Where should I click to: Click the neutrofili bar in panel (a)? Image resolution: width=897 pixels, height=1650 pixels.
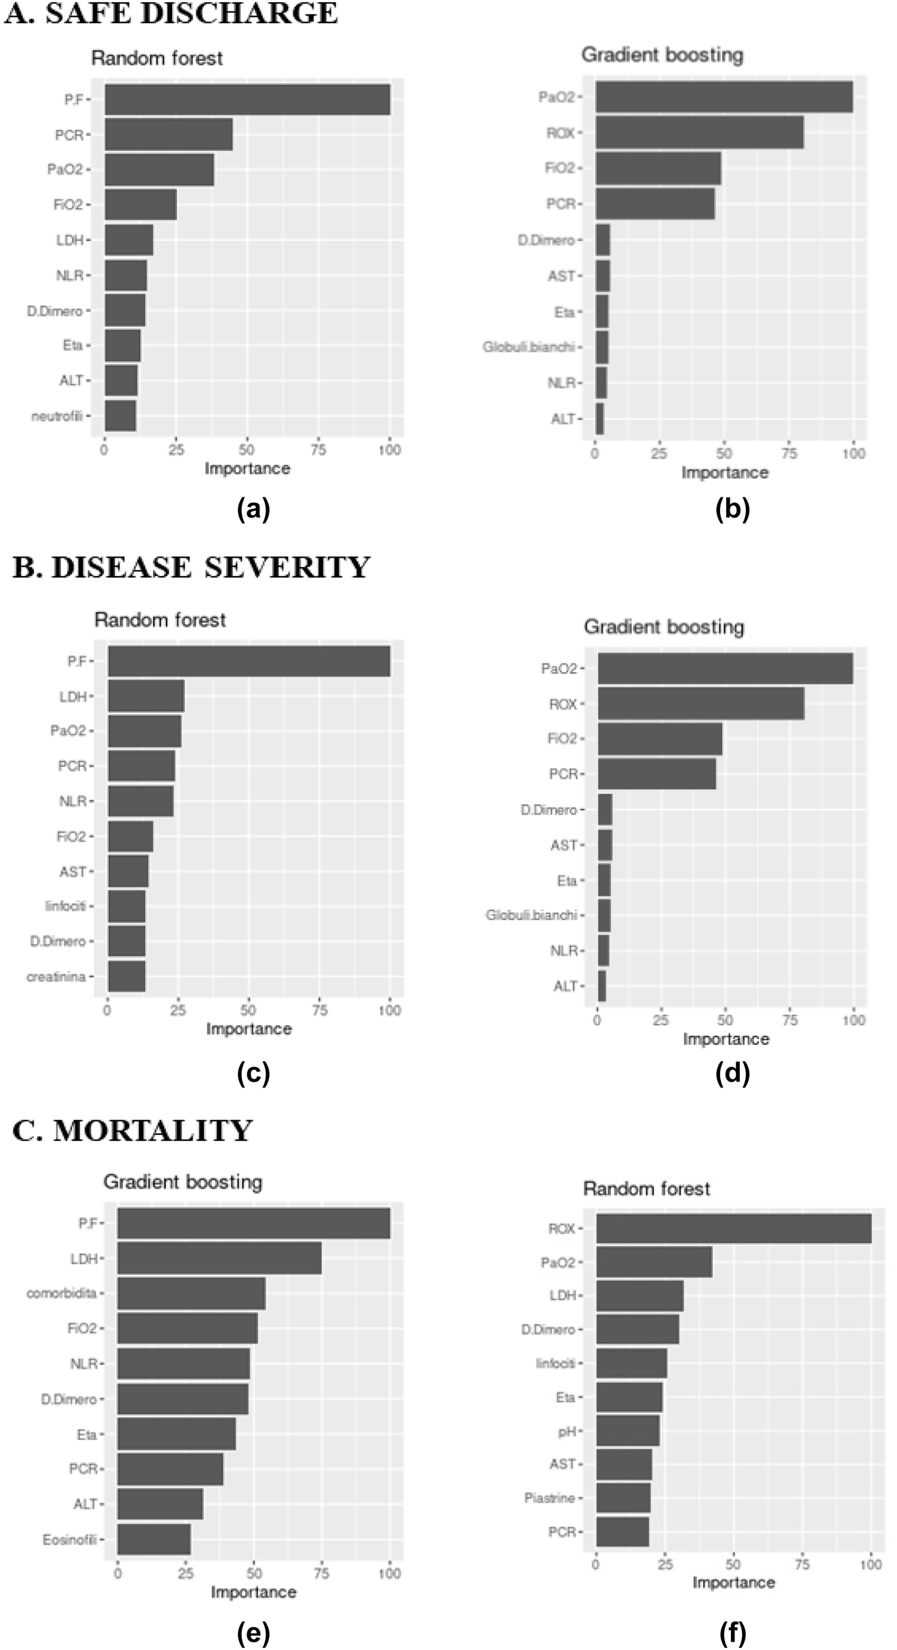(x=121, y=416)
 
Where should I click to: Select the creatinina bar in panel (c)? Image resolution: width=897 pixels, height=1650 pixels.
(x=127, y=976)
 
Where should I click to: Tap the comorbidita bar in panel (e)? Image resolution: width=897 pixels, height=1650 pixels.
(x=191, y=1294)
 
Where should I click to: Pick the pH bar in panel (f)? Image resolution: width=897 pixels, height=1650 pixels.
(x=627, y=1430)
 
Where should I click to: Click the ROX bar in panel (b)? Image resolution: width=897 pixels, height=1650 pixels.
(x=699, y=133)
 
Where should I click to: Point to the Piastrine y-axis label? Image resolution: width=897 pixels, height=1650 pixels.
(x=549, y=1498)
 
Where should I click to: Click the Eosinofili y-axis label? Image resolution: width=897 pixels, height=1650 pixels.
(x=69, y=1540)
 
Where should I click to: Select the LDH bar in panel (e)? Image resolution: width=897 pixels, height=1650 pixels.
(x=219, y=1258)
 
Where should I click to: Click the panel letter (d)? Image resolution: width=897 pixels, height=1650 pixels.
(x=732, y=1073)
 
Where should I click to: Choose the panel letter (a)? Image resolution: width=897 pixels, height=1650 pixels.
(x=253, y=508)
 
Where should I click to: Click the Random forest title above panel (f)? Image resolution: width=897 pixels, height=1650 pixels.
(x=646, y=1189)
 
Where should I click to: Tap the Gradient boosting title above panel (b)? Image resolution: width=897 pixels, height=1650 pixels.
(x=662, y=55)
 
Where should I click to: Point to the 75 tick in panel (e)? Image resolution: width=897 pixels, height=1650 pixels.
(x=321, y=1573)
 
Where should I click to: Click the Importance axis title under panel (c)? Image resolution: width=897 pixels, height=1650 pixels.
(x=249, y=1029)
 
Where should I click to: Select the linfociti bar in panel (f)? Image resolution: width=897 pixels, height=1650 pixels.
(x=631, y=1363)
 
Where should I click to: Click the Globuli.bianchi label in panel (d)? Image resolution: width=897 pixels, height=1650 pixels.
(x=530, y=915)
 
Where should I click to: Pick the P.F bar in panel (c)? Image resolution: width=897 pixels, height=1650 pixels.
(x=249, y=661)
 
